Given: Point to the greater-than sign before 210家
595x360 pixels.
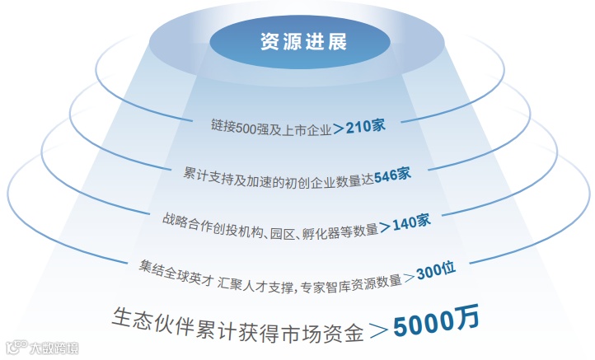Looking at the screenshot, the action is [339, 129].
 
